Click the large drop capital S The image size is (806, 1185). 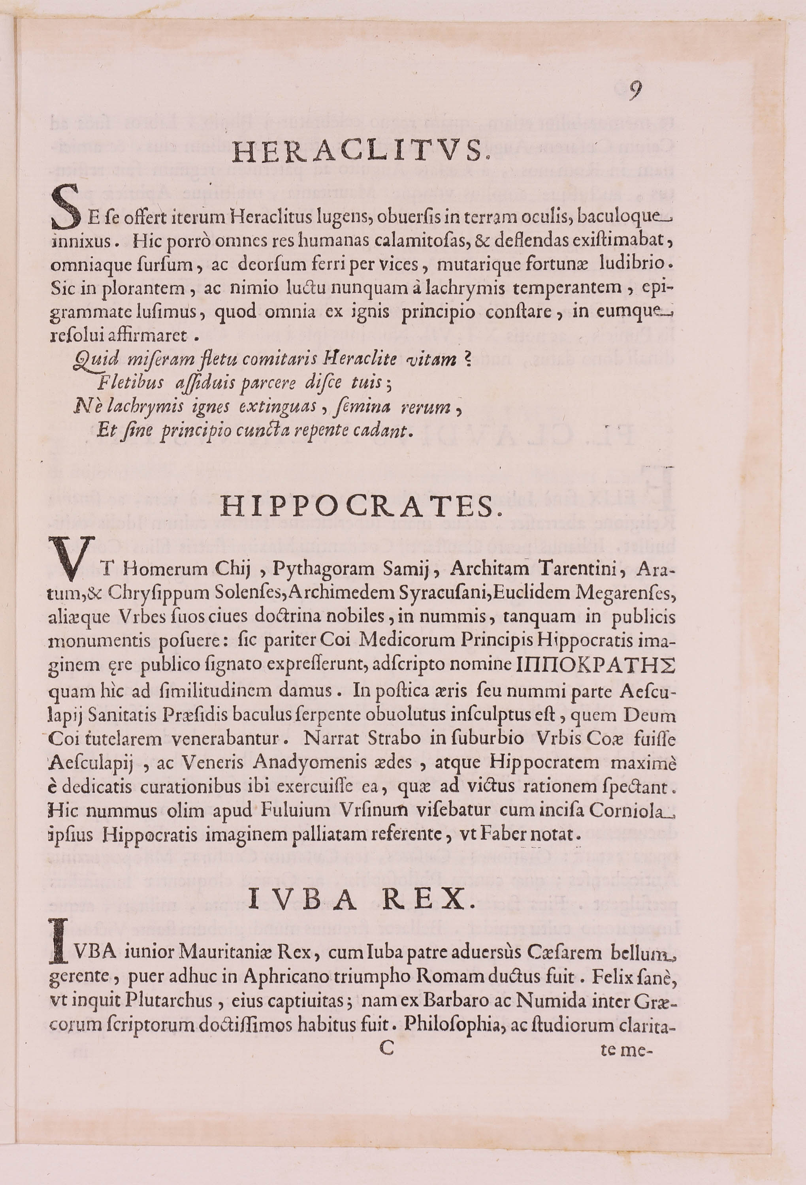65,208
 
